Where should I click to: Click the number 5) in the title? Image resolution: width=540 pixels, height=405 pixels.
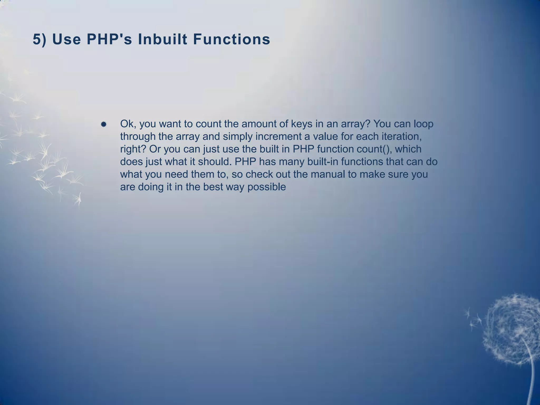39,40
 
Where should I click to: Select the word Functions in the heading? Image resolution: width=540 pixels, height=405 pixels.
232,40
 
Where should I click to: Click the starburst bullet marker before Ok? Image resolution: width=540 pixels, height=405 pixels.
104,124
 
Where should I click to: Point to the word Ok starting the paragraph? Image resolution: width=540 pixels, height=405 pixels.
128,124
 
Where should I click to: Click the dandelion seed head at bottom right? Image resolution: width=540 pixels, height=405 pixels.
513,330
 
